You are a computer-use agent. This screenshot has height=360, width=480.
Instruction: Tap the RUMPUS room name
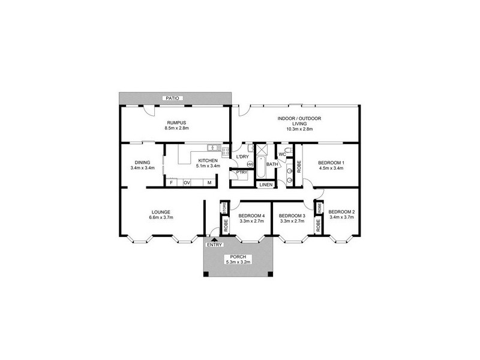tap(178, 122)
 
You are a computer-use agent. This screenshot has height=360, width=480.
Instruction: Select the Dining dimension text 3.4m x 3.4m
tap(142, 168)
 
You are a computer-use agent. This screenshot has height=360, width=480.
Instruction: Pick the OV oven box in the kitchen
tap(187, 182)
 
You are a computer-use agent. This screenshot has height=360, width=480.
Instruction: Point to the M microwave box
tap(209, 182)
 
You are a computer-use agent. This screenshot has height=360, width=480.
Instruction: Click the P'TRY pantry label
tap(241, 173)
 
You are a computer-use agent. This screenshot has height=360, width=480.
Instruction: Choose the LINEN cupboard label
tap(266, 184)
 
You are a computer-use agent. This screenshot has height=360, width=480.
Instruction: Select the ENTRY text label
tap(214, 245)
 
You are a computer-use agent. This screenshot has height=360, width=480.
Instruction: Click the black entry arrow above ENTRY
tap(214, 239)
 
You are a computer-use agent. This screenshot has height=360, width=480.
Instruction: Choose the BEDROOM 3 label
tap(292, 215)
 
